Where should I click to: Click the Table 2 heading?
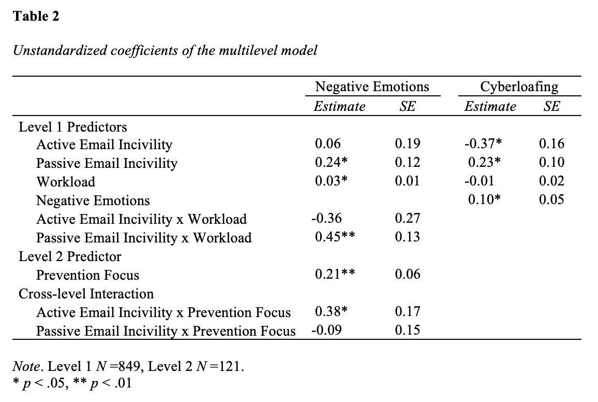[36, 16]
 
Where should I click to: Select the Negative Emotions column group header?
[372, 87]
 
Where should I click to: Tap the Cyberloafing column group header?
[519, 87]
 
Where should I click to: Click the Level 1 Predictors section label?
[73, 127]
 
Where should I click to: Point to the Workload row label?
[66, 182]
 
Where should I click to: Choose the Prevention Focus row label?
[88, 275]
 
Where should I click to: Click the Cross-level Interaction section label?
[86, 294]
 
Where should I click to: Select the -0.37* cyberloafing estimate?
[483, 143]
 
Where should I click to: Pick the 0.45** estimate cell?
[335, 237]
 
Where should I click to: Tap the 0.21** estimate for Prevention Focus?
[335, 274]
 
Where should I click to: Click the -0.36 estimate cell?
[326, 218]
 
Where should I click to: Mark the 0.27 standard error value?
[407, 218]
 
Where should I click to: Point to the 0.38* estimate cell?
[331, 311]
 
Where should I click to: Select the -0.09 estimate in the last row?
[326, 330]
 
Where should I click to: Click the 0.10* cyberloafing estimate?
[484, 199]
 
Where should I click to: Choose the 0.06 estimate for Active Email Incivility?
[327, 143]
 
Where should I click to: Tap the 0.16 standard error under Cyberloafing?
[551, 143]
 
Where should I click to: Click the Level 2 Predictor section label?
[70, 256]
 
